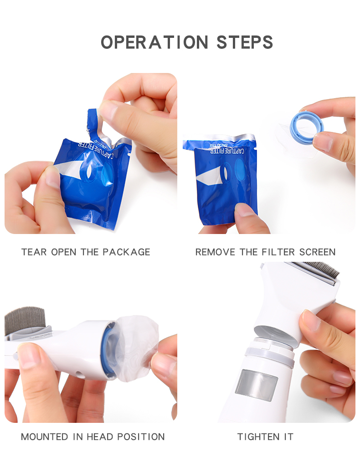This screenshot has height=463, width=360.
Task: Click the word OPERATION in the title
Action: (154, 42)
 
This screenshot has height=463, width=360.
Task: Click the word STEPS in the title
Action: (245, 42)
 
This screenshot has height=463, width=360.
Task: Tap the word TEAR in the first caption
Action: (34, 252)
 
